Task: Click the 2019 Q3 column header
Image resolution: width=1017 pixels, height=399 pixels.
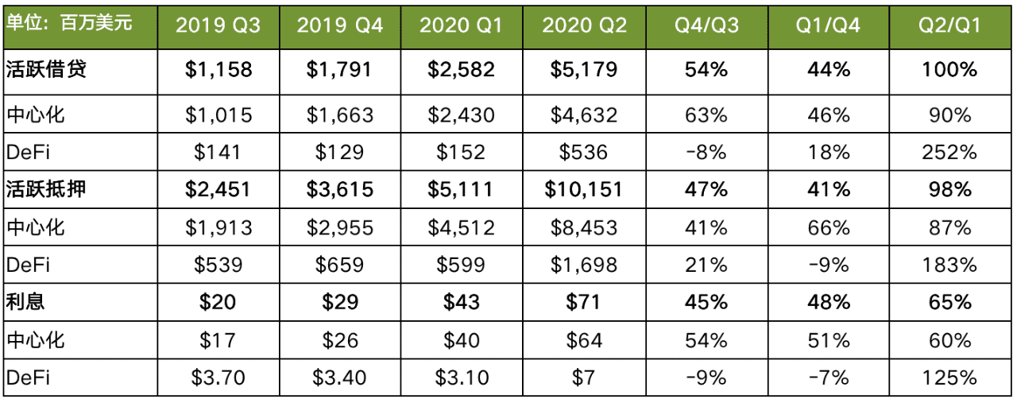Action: coord(218,25)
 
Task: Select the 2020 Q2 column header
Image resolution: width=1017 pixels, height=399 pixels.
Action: coord(584,25)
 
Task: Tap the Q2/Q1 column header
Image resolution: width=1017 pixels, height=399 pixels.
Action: coord(949,25)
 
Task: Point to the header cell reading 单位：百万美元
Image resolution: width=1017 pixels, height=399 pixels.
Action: coord(69,23)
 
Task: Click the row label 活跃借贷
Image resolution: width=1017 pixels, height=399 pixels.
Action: coord(46,69)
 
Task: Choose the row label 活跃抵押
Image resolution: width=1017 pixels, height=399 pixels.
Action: coord(46,189)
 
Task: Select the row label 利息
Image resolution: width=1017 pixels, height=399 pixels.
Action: coord(25,302)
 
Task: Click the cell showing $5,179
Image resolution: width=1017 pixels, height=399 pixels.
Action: coord(584,69)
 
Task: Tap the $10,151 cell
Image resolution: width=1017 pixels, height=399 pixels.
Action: coord(583,189)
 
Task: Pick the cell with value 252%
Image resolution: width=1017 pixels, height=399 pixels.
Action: coord(949,153)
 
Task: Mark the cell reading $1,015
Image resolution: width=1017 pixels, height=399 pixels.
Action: coord(218,115)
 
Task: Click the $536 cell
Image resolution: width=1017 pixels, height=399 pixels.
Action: coord(583,153)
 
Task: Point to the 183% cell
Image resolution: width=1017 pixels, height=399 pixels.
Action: coord(949,265)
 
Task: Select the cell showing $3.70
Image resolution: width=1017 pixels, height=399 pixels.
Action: coord(218,378)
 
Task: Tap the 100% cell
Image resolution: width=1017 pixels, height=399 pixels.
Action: coord(949,69)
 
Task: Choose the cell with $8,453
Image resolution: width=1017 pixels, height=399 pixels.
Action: coord(584,227)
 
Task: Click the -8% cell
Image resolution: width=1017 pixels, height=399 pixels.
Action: coord(706,153)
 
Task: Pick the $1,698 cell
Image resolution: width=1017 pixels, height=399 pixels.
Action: coord(584,265)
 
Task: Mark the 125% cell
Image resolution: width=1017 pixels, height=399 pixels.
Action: coord(949,378)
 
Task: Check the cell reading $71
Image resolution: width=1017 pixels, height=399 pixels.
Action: coord(583,302)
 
